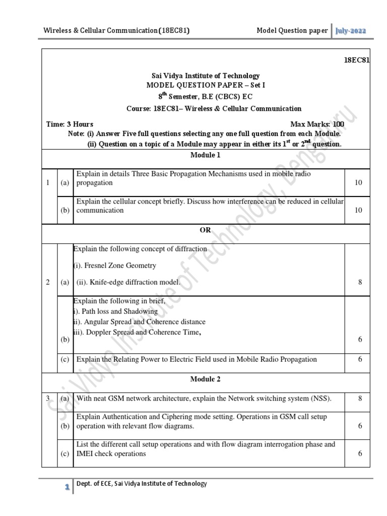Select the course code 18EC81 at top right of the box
click(356, 60)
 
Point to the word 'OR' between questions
click(205, 230)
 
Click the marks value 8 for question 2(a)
click(360, 283)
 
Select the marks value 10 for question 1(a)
click(358, 182)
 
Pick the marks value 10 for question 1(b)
click(358, 210)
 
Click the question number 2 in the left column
click(48, 283)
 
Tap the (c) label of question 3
click(65, 454)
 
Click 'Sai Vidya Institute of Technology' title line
click(202, 76)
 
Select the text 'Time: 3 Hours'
click(70, 124)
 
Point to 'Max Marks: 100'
click(317, 124)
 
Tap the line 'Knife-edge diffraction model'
click(128, 283)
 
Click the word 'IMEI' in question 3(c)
click(85, 454)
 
